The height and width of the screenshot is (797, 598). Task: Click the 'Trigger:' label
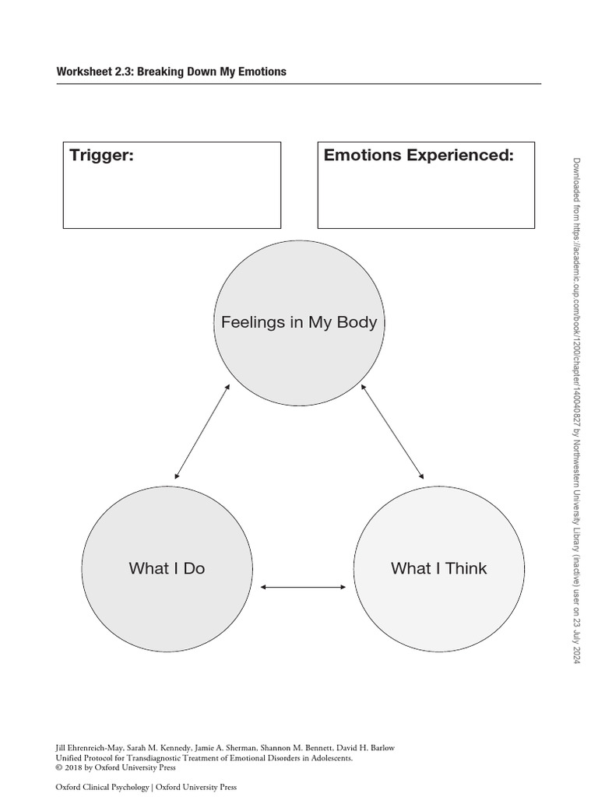[x=101, y=155]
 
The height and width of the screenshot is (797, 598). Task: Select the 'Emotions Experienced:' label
[x=419, y=155]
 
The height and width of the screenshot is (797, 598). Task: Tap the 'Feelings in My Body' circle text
[x=299, y=322]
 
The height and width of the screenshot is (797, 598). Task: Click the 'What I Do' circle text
[x=167, y=568]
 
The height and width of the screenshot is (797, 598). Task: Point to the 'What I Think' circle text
[x=438, y=568]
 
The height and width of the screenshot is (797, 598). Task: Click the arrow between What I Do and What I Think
[x=303, y=587]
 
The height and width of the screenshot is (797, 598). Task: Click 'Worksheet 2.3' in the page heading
[x=87, y=72]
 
